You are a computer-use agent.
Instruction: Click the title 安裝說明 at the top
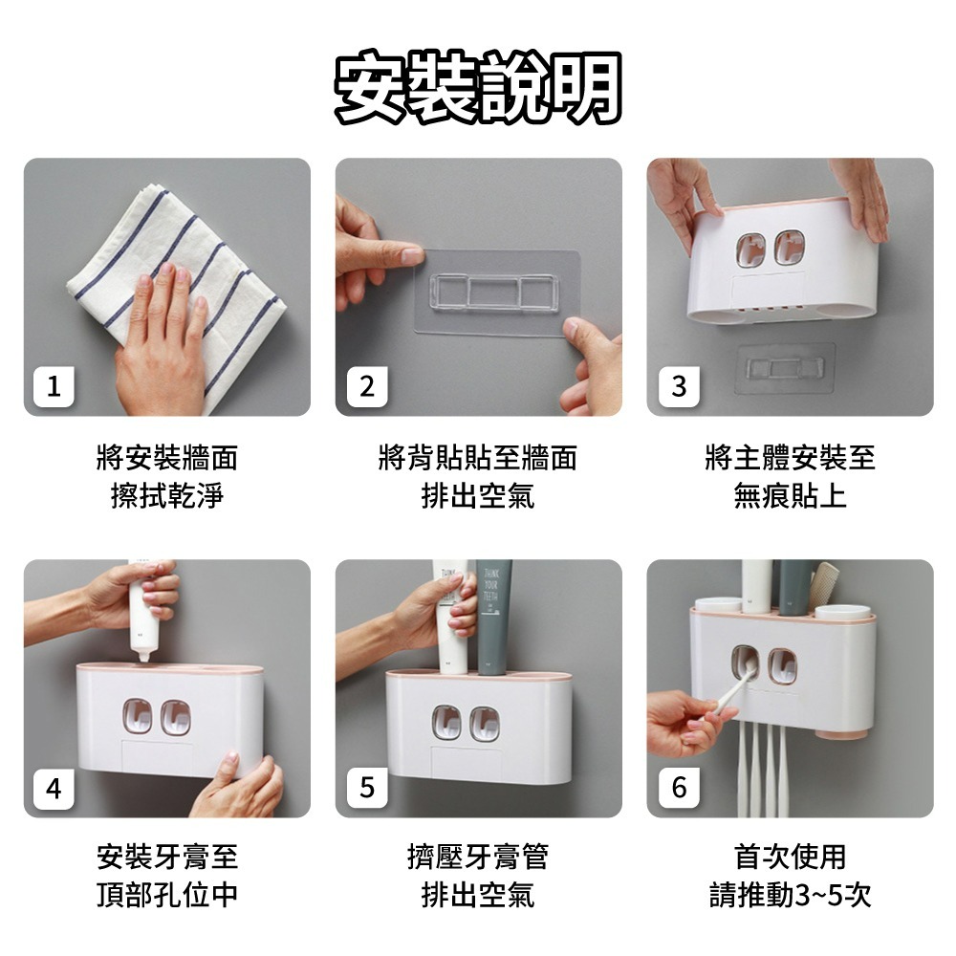[x=479, y=87]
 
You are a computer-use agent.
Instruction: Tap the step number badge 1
[x=54, y=386]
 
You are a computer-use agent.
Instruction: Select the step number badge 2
[x=367, y=386]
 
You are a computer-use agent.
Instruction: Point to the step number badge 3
[x=679, y=386]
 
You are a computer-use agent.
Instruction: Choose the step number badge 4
[x=54, y=789]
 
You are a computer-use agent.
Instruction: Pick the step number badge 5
[x=367, y=787]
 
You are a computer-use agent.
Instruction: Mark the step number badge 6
[x=679, y=787]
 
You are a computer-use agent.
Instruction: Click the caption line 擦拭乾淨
[x=167, y=495]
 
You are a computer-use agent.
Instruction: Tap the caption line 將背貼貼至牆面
[x=478, y=458]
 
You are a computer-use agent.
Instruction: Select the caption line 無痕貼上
[x=791, y=495]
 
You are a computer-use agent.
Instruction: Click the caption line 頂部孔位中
[x=167, y=895]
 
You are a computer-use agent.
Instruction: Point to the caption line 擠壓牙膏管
[x=478, y=857]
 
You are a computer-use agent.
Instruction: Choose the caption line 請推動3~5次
[x=791, y=895]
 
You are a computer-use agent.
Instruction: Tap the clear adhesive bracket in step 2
[x=495, y=291]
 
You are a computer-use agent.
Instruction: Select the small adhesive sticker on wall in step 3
[x=785, y=368]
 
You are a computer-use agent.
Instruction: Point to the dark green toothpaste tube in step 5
[x=494, y=617]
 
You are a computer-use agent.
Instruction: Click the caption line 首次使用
[x=791, y=857]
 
